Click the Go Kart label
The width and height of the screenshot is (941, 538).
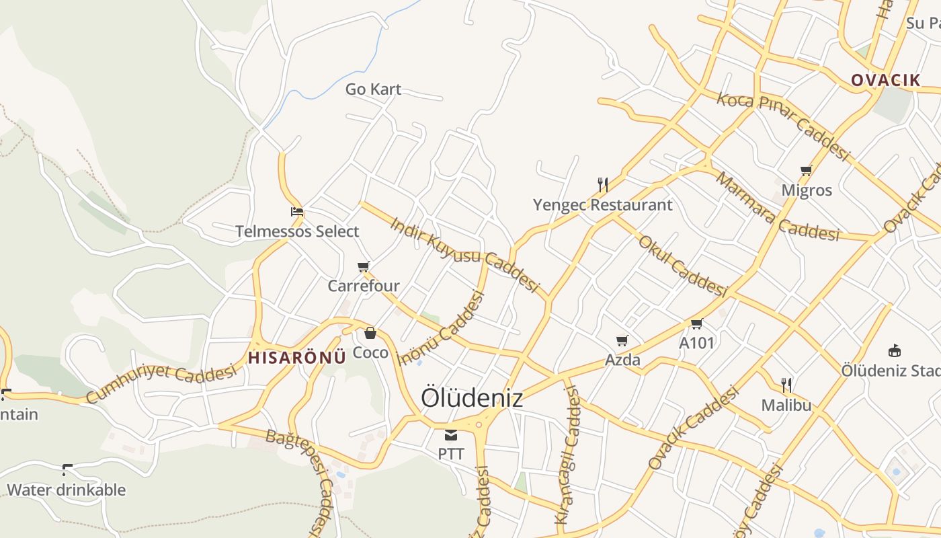(373, 89)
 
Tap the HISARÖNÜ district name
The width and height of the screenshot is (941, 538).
(297, 358)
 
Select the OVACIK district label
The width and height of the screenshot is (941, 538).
(885, 81)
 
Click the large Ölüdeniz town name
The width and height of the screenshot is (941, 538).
(472, 397)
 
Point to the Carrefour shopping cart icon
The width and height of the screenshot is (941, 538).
(364, 267)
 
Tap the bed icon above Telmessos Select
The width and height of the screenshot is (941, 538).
(297, 212)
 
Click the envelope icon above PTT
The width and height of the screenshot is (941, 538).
(451, 435)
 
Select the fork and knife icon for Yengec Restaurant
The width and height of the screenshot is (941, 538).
(603, 184)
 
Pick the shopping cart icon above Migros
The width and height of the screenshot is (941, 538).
(807, 171)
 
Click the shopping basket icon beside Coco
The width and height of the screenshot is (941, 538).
(370, 333)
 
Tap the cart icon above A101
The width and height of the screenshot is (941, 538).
(697, 324)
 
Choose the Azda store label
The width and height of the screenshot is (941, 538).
(622, 360)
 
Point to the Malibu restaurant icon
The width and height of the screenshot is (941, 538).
(786, 385)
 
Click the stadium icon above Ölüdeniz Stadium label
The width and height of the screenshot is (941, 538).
(895, 350)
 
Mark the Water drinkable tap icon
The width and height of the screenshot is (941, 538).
(67, 469)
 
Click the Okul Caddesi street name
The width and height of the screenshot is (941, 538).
(682, 266)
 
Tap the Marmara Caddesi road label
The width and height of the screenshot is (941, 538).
(776, 207)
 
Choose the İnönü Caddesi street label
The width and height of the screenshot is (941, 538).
(441, 328)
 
